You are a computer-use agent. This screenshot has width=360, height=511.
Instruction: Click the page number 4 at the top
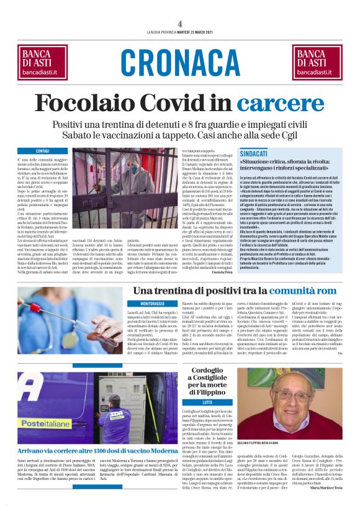[179, 24]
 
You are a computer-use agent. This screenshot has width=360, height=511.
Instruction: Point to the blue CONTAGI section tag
[42, 151]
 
